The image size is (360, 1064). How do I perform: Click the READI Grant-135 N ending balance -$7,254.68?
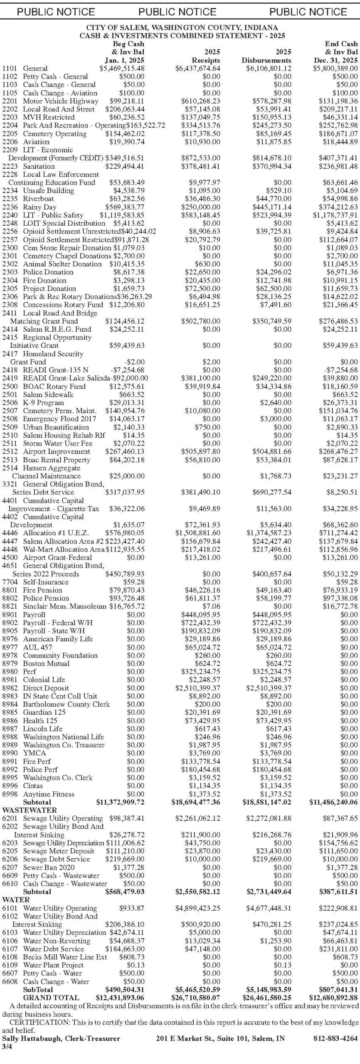coord(340,370)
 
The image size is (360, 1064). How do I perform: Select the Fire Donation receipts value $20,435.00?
coord(202,281)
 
